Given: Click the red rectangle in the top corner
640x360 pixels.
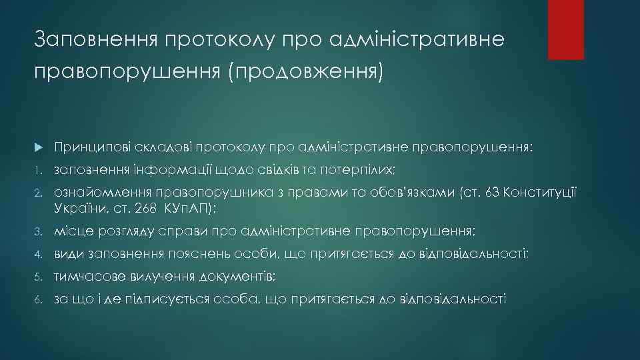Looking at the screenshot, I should pyautogui.click(x=565, y=29).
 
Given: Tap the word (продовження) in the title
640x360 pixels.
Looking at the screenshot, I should pyautogui.click(x=306, y=71).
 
